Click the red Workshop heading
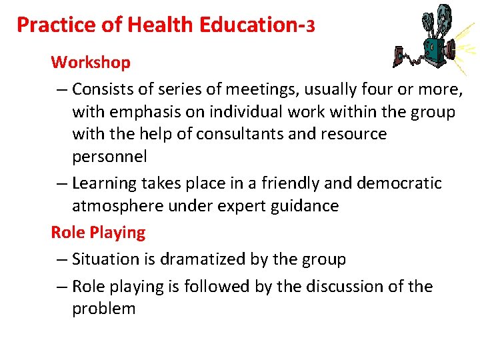click(91, 63)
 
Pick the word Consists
click(102, 89)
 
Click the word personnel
click(109, 157)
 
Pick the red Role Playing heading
click(98, 233)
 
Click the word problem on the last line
click(104, 309)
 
